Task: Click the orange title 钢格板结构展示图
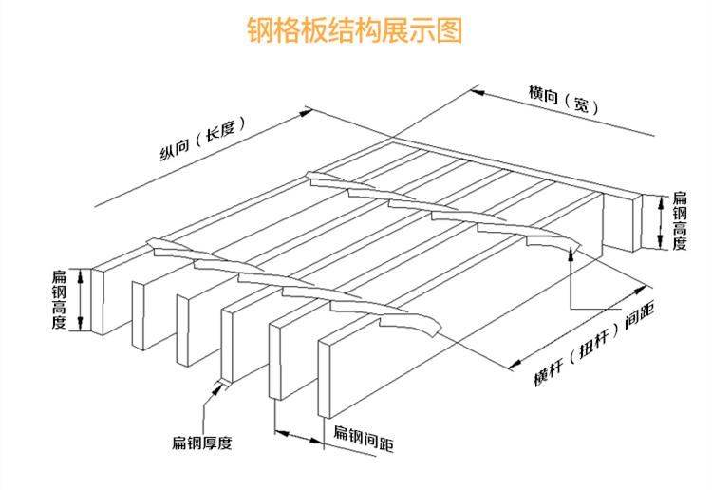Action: click(355, 30)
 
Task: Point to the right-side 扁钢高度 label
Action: click(680, 221)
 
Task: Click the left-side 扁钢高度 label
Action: click(59, 299)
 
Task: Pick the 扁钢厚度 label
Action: click(202, 443)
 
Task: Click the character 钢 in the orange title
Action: click(259, 30)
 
